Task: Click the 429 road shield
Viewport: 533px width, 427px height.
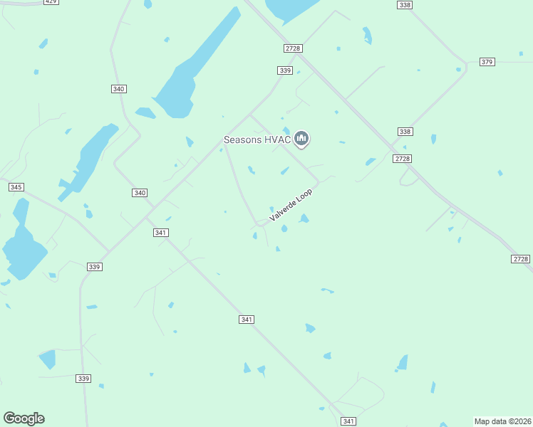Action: pyautogui.click(x=51, y=2)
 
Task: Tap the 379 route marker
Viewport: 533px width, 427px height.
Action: pyautogui.click(x=487, y=62)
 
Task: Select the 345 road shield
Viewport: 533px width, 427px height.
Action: pyautogui.click(x=16, y=186)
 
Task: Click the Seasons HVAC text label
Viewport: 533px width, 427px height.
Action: pyautogui.click(x=257, y=139)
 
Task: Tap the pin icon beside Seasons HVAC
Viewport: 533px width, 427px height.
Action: pyautogui.click(x=301, y=138)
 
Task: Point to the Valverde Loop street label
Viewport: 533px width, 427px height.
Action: pyautogui.click(x=291, y=204)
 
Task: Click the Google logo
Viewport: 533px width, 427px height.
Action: pyautogui.click(x=24, y=418)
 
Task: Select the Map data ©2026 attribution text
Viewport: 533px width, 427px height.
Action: pyautogui.click(x=502, y=421)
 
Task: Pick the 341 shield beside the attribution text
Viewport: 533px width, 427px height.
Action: pyautogui.click(x=348, y=421)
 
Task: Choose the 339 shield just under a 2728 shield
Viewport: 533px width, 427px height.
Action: pyautogui.click(x=285, y=70)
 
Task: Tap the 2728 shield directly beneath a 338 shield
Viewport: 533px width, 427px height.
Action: pyautogui.click(x=402, y=159)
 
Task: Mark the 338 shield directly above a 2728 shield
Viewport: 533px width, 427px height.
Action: pyautogui.click(x=405, y=132)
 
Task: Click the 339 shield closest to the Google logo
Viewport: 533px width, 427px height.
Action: pyautogui.click(x=83, y=379)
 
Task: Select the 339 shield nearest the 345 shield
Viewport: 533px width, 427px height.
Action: pyautogui.click(x=95, y=266)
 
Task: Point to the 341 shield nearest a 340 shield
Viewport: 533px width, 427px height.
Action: pyautogui.click(x=160, y=233)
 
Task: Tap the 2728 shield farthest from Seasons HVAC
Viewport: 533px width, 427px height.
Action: pyautogui.click(x=520, y=259)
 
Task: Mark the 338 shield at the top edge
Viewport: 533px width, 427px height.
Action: pyautogui.click(x=405, y=5)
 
